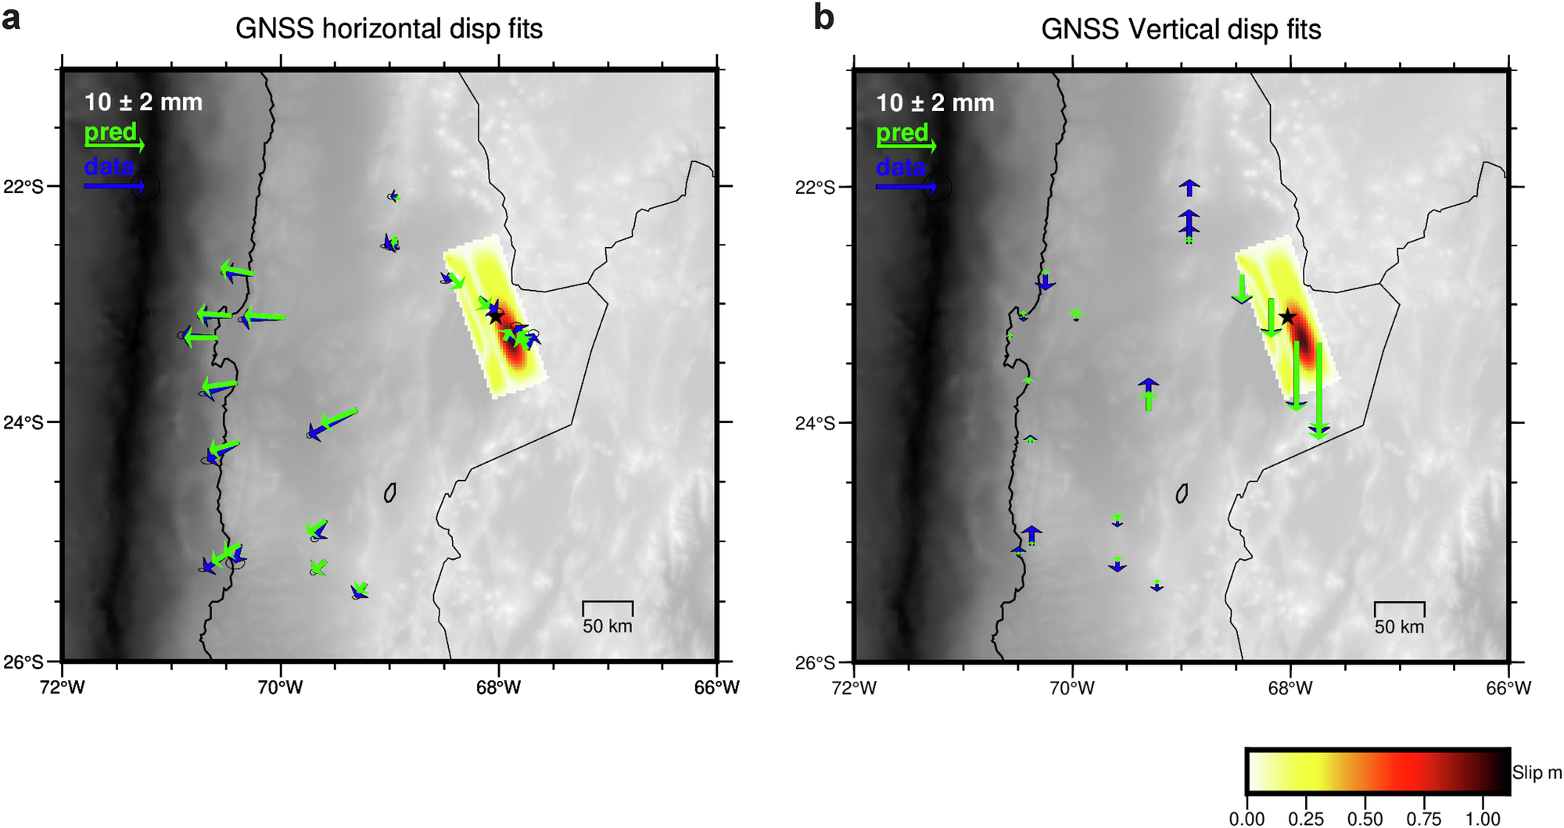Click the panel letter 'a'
tap(11, 17)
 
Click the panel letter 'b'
tap(823, 17)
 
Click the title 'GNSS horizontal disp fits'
tap(389, 29)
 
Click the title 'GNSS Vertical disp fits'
tap(1181, 30)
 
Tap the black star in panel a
tap(495, 317)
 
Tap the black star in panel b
tap(1288, 317)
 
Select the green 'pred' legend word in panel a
tap(110, 131)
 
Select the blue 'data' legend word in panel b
tap(901, 167)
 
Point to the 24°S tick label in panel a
tap(24, 423)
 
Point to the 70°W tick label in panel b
tap(1072, 688)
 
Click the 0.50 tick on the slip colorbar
tap(1365, 818)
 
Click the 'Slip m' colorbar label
tap(1537, 772)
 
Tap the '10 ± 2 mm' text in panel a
tap(143, 102)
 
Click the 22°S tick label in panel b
tap(816, 187)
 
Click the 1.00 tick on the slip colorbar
tap(1483, 818)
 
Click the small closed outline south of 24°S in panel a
tap(390, 493)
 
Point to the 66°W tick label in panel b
tap(1508, 688)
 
